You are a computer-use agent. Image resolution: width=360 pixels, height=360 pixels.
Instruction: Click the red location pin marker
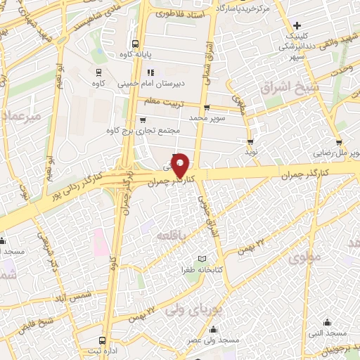tap(180, 165)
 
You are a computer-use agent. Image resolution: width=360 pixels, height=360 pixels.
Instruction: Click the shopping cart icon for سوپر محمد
tap(207, 108)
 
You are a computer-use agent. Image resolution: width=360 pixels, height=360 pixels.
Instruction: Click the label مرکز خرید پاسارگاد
tap(243, 8)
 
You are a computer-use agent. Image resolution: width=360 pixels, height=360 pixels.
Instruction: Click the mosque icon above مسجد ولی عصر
tap(214, 330)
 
